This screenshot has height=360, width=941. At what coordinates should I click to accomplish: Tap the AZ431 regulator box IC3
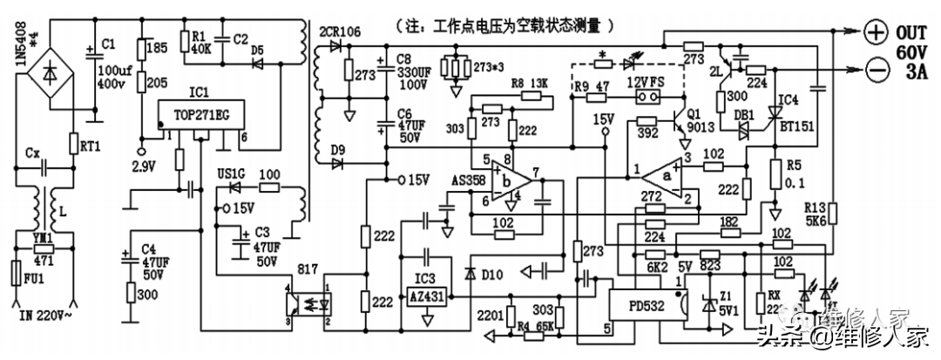(x=426, y=295)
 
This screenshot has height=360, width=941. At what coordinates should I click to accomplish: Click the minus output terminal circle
(x=874, y=66)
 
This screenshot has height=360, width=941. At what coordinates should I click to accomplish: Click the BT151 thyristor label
(x=795, y=127)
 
